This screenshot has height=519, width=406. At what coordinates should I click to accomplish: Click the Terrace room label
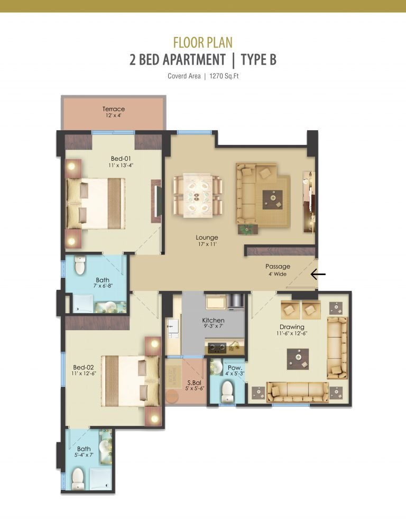click(x=114, y=109)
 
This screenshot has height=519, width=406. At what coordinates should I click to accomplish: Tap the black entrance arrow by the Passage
click(x=318, y=274)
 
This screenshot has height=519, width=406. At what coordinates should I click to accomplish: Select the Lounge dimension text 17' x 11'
click(x=207, y=244)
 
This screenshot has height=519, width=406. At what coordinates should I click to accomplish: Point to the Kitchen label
click(x=213, y=320)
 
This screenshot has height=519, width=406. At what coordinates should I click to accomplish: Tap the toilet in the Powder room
click(x=228, y=391)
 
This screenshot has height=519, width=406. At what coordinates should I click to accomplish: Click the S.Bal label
click(x=195, y=383)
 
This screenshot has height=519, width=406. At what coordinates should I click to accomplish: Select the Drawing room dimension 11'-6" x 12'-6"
click(x=292, y=334)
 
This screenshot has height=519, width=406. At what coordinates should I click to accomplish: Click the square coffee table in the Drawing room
click(x=298, y=359)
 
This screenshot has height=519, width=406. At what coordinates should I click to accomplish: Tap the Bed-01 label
click(x=121, y=159)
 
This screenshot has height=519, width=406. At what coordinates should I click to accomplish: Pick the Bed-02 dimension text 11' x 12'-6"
click(x=84, y=374)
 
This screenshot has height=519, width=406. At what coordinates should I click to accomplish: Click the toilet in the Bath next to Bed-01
click(x=80, y=265)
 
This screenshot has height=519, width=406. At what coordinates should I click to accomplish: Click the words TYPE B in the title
click(x=259, y=60)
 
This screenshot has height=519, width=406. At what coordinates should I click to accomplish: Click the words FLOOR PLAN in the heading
click(x=203, y=42)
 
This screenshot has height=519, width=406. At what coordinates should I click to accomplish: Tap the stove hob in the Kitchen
click(x=217, y=348)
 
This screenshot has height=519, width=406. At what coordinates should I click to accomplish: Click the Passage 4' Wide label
click(x=278, y=270)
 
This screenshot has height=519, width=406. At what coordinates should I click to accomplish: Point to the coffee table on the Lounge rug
click(x=273, y=199)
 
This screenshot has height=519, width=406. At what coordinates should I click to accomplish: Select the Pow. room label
click(x=235, y=368)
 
